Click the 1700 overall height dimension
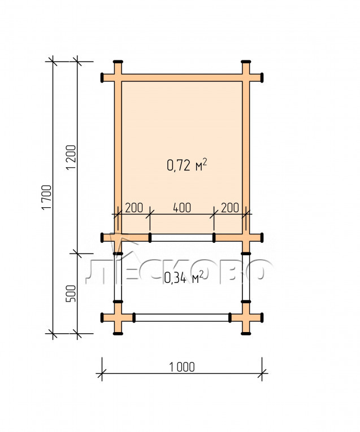(46, 197)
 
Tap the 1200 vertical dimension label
(71, 158)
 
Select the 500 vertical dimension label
(71, 294)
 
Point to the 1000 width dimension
(182, 367)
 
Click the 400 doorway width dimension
(182, 208)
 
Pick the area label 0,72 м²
(187, 165)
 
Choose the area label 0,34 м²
(184, 277)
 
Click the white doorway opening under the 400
(182, 238)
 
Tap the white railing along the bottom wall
(182, 317)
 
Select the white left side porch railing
(118, 277)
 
